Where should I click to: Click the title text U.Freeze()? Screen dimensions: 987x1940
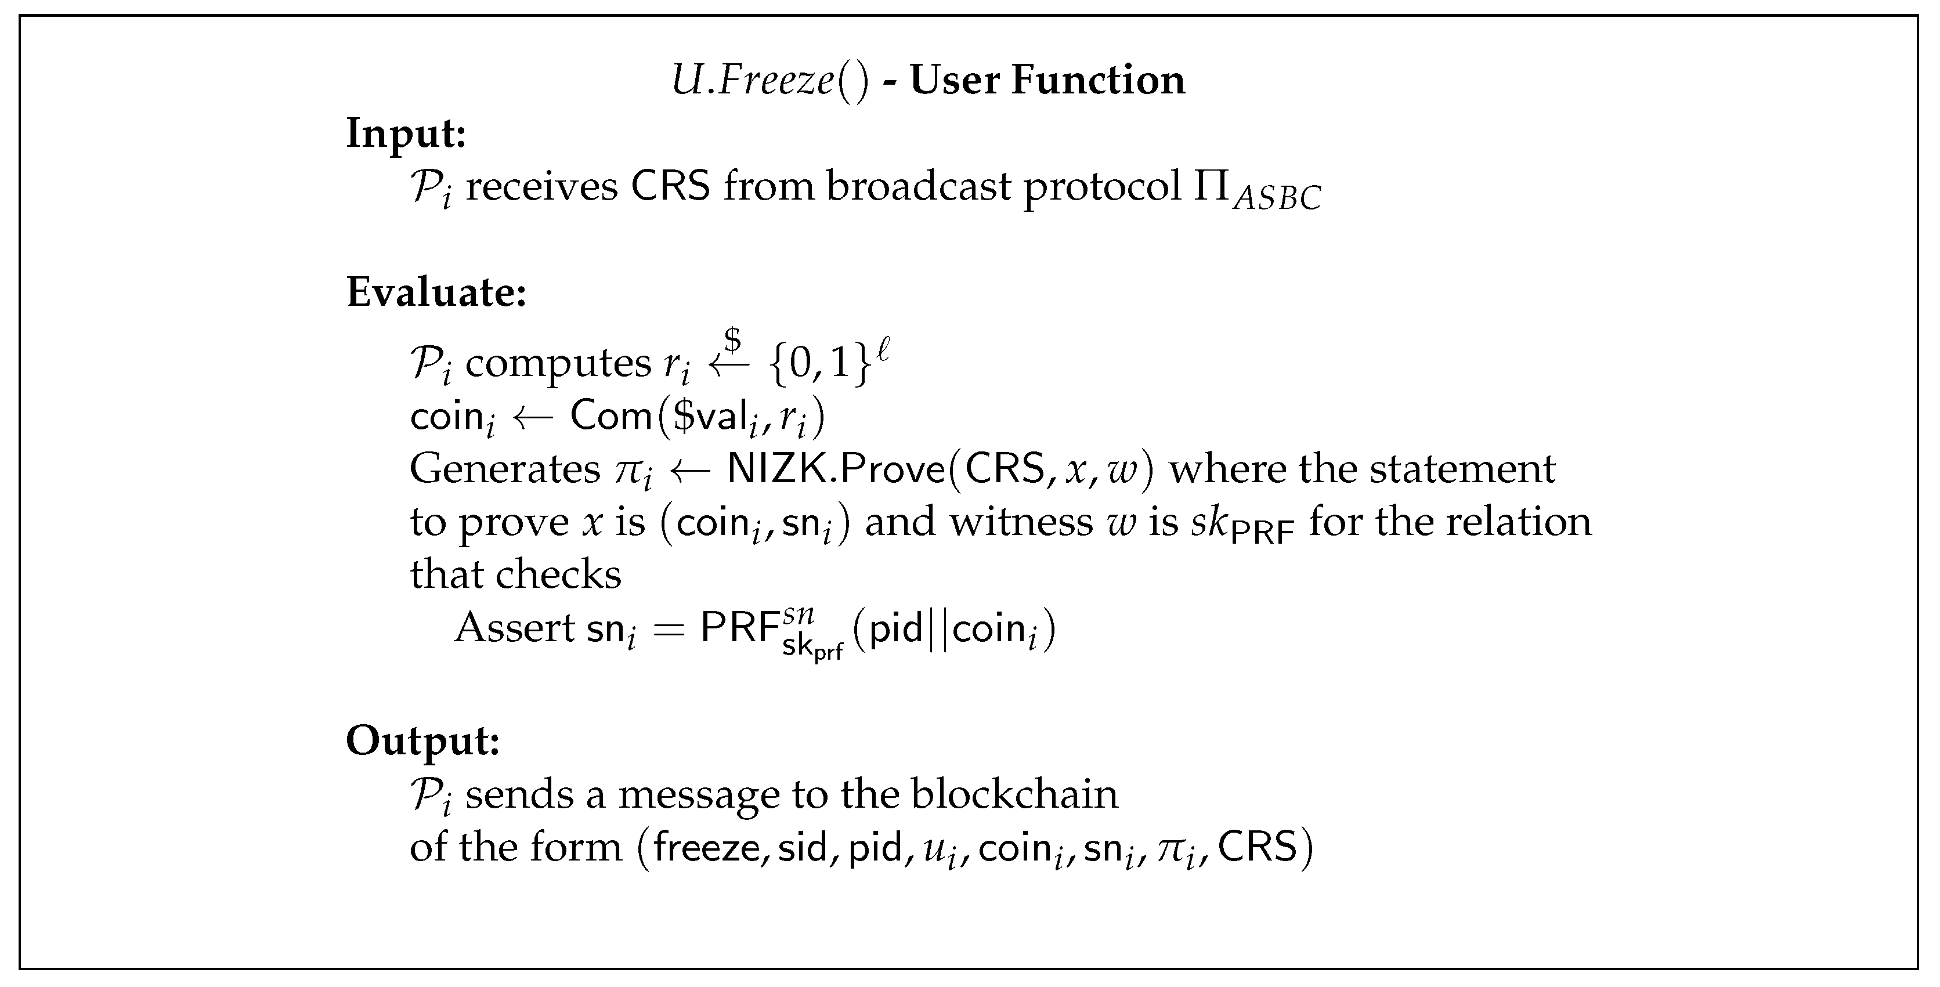(769, 81)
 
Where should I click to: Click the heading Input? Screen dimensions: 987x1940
(406, 134)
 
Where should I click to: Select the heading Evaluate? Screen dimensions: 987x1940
(436, 292)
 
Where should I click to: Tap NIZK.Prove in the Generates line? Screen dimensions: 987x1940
(836, 469)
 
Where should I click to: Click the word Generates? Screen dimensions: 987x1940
(504, 469)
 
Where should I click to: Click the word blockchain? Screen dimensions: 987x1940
(1014, 794)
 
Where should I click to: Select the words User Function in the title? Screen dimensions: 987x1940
(1047, 81)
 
